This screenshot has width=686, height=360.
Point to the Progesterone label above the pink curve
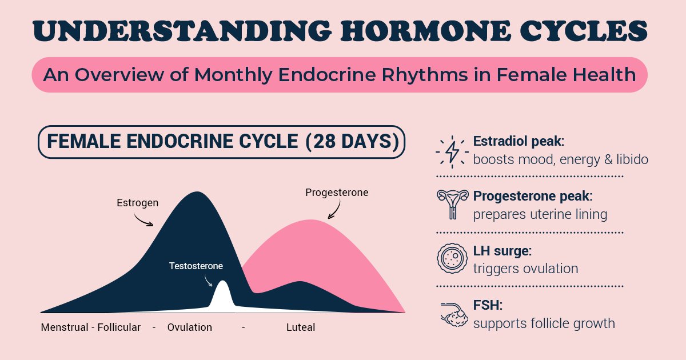tap(337, 193)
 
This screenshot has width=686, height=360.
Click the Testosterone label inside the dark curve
tap(196, 266)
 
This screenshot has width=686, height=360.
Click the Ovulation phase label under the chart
tap(189, 327)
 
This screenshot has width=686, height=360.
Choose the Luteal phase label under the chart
tap(301, 327)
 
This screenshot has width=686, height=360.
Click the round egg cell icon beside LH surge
tap(451, 259)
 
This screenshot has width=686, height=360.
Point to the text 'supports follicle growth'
tap(544, 323)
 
